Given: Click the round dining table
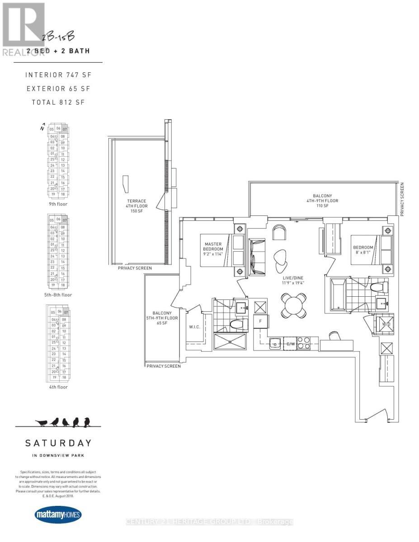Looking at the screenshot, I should click(294, 305).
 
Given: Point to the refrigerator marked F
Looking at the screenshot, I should click(261, 321).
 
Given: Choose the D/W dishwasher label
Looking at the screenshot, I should click(291, 344).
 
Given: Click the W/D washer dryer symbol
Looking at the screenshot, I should click(385, 323).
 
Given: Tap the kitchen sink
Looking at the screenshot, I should click(275, 344).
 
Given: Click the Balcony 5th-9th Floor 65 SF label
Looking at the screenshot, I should click(165, 318).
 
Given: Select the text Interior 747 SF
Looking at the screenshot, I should click(58, 75).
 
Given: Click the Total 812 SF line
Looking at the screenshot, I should click(58, 102).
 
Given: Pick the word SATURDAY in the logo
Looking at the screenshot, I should click(58, 443).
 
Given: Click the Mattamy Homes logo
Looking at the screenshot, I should click(58, 515).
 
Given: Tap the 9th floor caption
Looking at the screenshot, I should click(58, 204).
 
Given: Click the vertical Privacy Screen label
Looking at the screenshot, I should click(402, 199).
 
